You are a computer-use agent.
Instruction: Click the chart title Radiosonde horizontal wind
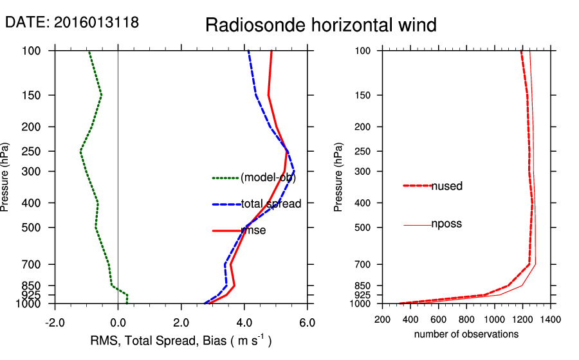321,25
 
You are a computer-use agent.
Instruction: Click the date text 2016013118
96,22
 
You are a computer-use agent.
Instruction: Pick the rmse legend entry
253,230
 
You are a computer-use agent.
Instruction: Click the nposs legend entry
446,224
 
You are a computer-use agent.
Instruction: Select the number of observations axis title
466,334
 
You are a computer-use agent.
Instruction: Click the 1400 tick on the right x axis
551,319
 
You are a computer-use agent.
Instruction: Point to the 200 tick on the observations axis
383,319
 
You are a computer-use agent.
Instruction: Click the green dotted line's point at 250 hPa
80,151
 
